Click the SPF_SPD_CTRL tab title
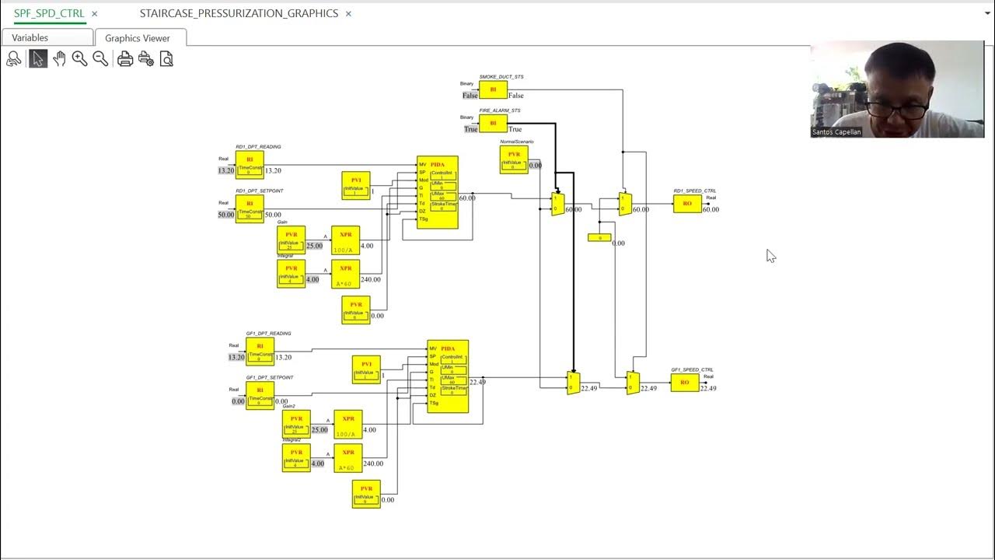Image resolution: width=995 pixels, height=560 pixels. point(49,13)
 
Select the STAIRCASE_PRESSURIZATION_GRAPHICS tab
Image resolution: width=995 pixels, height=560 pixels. point(239,13)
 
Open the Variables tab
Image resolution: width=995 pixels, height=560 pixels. point(30,37)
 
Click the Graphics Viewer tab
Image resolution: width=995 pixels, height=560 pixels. point(138,37)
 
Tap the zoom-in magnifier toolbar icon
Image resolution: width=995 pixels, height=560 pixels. point(79,59)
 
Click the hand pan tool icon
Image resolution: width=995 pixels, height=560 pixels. point(59,59)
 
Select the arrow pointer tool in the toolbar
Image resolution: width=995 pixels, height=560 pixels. point(37,59)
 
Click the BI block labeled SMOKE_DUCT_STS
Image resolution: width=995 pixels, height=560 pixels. point(493,90)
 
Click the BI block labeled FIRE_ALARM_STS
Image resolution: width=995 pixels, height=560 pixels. point(493,124)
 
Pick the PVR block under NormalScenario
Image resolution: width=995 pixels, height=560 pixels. point(514,159)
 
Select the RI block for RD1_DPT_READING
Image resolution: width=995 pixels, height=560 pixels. point(250,165)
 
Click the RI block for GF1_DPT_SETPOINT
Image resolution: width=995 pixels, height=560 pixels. point(260,395)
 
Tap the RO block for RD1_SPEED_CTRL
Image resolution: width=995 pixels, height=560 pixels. point(687,204)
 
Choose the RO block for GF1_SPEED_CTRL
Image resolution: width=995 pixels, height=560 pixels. point(685,383)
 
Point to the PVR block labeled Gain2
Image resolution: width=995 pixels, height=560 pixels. point(296,424)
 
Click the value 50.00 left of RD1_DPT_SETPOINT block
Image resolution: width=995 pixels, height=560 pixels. point(225,215)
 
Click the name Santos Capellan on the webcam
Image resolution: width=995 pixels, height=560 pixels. point(836,132)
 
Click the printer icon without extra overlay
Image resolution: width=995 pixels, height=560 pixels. point(124,59)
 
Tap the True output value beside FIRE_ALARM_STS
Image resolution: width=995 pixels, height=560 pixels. point(515,129)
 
